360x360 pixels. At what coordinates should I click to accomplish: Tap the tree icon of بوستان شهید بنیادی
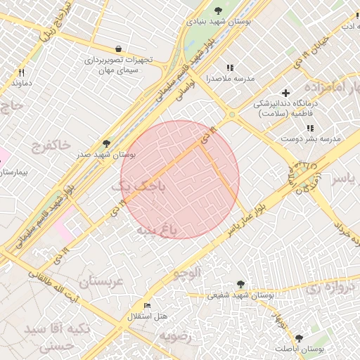pyautogui.click(x=219, y=11)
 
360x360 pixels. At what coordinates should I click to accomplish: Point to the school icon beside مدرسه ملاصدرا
pyautogui.click(x=230, y=68)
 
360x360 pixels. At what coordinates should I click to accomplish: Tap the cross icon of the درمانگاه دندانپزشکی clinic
pyautogui.click(x=285, y=93)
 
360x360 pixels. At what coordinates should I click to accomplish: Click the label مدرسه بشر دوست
pyautogui.click(x=310, y=139)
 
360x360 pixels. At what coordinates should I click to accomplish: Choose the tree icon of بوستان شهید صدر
pyautogui.click(x=106, y=143)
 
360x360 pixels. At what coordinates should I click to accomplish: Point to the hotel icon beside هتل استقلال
pyautogui.click(x=147, y=306)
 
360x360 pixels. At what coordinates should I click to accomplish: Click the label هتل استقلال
pyautogui.click(x=147, y=316)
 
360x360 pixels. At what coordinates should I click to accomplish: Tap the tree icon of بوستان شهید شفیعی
pyautogui.click(x=240, y=284)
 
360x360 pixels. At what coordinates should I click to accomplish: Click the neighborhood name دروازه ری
pyautogui.click(x=326, y=286)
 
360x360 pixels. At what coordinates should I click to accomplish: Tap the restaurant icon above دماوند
pyautogui.click(x=22, y=72)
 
